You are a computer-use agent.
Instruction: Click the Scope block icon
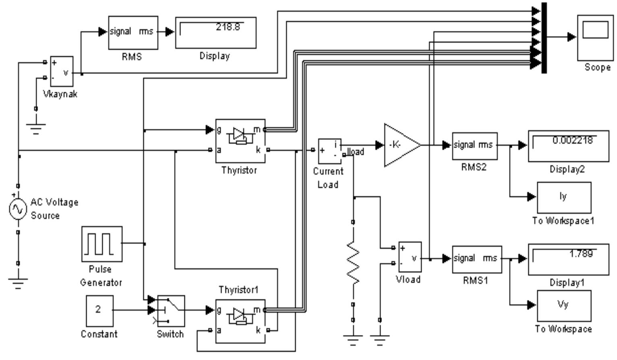pyautogui.click(x=595, y=37)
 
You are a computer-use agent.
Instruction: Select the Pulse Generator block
pyautogui.click(x=102, y=244)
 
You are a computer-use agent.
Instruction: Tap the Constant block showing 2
pyautogui.click(x=99, y=310)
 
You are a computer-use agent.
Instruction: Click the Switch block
pyautogui.click(x=171, y=311)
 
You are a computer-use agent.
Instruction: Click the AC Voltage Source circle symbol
pyautogui.click(x=18, y=209)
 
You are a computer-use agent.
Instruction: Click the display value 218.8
pyautogui.click(x=228, y=27)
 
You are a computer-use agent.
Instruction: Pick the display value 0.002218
pyautogui.click(x=572, y=141)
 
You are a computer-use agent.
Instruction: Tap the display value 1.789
pyautogui.click(x=581, y=254)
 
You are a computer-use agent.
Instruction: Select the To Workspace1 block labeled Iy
pyautogui.click(x=564, y=197)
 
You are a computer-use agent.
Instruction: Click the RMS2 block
pyautogui.click(x=474, y=146)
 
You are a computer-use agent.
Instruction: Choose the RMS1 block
pyautogui.click(x=477, y=259)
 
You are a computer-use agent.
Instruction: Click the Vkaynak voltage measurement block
pyautogui.click(x=62, y=71)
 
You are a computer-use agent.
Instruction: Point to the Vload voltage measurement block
pyautogui.click(x=410, y=257)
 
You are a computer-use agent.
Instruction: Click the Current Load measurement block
pyautogui.click(x=329, y=151)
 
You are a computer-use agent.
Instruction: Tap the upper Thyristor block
pyautogui.click(x=240, y=141)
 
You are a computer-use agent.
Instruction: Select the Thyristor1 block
pyautogui.click(x=240, y=321)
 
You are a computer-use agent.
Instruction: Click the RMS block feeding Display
pyautogui.click(x=133, y=32)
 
